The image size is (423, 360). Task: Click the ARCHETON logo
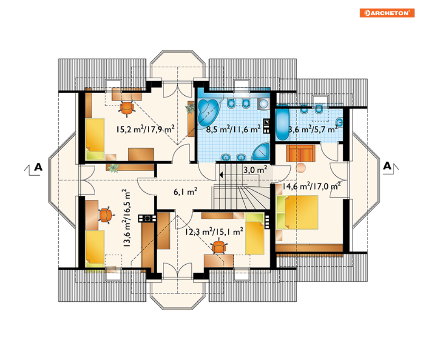pyautogui.click(x=386, y=13)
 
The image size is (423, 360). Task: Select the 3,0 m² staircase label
pyautogui.click(x=255, y=170)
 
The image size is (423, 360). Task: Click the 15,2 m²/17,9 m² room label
pyautogui.click(x=145, y=129)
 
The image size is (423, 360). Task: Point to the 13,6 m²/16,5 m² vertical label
pyautogui.click(x=126, y=218)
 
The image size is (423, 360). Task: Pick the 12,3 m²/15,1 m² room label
pyautogui.click(x=214, y=231)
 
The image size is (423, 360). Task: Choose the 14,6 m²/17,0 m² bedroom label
pyautogui.click(x=311, y=186)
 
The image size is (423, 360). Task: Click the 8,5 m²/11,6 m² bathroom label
pyautogui.click(x=233, y=129)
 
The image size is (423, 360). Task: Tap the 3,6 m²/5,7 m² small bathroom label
pyautogui.click(x=313, y=129)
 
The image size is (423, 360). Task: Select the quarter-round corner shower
pyautogui.click(x=261, y=152)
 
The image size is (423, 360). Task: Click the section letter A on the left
pyautogui.click(x=38, y=167)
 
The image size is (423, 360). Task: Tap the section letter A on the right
pyautogui.click(x=387, y=166)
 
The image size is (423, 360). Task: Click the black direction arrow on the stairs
pyautogui.click(x=221, y=175)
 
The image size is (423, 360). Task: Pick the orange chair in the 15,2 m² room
pyautogui.click(x=127, y=108)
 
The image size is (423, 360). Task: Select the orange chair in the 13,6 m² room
pyautogui.click(x=106, y=215)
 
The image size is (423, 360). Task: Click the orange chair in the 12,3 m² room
pyautogui.click(x=219, y=247)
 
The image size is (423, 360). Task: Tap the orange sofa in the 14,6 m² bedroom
pyautogui.click(x=301, y=153)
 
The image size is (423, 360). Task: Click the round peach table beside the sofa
pyautogui.click(x=301, y=168)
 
